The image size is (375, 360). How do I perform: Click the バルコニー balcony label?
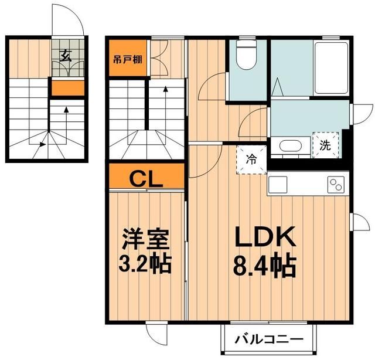pos(270,339)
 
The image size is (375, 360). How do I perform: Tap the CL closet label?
pos(146,176)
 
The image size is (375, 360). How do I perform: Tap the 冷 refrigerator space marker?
pos(251,158)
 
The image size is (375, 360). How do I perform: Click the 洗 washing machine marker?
pos(325,145)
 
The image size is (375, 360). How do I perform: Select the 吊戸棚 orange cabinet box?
pos(127,59)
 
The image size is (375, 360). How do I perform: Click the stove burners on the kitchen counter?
pos(336,186)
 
